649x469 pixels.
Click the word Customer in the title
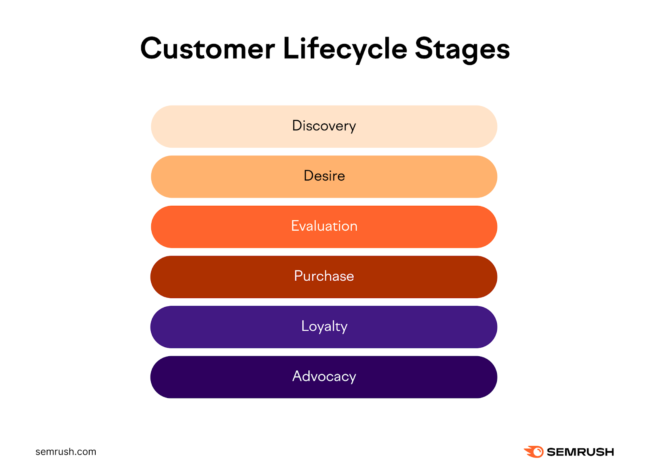207,49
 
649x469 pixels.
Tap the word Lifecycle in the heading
344,49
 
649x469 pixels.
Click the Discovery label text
324,126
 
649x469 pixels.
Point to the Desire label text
324,176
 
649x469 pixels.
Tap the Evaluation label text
324,226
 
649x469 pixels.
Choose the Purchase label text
324,276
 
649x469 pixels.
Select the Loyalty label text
324,326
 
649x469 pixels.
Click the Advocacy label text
324,376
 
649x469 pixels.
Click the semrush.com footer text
66,452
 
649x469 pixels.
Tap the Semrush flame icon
534,452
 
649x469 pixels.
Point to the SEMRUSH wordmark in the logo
580,452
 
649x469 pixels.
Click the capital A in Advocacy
298,376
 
